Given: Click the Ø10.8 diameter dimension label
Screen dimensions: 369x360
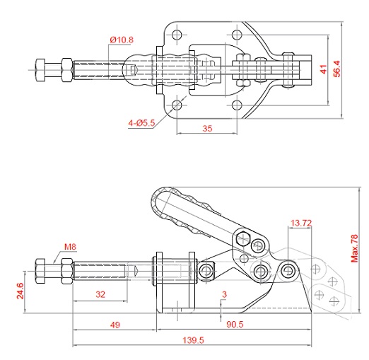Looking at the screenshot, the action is coord(122,40).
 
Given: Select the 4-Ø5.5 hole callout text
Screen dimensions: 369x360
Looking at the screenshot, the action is coord(141,123).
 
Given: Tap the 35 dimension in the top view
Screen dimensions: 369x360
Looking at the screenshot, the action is coord(207,129).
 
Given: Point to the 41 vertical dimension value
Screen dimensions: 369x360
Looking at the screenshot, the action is coord(324,69).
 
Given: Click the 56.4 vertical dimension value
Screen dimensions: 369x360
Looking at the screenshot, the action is coord(337,69).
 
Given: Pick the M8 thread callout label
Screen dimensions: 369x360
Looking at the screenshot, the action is coord(70,247).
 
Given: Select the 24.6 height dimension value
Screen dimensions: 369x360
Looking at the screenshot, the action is coord(20,291).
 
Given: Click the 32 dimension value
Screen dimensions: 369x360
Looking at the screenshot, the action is coord(100,294).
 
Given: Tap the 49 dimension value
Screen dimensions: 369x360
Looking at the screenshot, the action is coord(115,325).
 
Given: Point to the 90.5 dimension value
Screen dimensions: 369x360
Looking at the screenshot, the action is coord(235,324).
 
